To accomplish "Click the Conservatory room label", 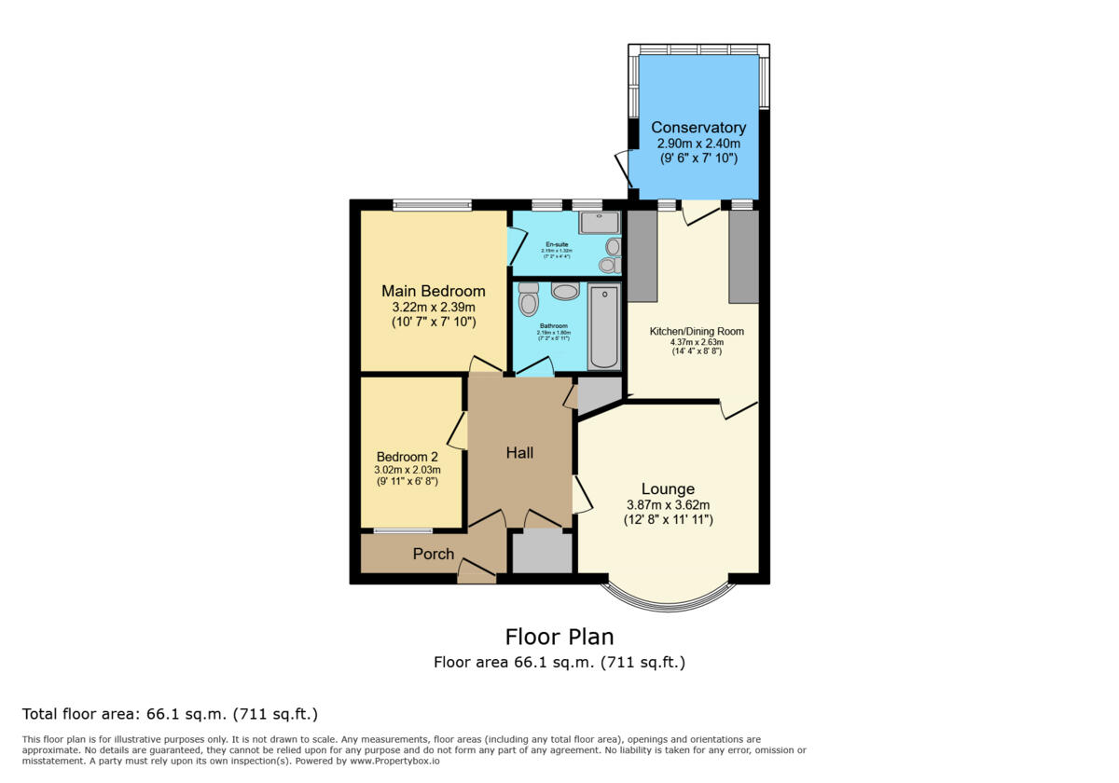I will (698, 128).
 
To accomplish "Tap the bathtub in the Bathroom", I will (603, 327).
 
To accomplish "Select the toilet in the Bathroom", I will (529, 298).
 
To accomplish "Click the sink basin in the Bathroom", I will (565, 292).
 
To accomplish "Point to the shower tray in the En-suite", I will (599, 222).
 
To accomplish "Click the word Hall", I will (519, 453).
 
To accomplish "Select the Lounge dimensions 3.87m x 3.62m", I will (668, 505).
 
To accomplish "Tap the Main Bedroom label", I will (433, 291).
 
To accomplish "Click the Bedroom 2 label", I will (407, 457).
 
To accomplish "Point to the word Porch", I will (433, 554).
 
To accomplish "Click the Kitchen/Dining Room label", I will (697, 331).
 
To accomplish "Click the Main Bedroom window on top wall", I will (432, 205).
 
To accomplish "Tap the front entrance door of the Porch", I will (477, 571).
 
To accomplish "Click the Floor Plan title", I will (559, 637).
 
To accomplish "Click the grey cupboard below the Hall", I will (542, 552).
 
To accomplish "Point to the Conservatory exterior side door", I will (622, 168).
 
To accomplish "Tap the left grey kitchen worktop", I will (642, 256).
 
